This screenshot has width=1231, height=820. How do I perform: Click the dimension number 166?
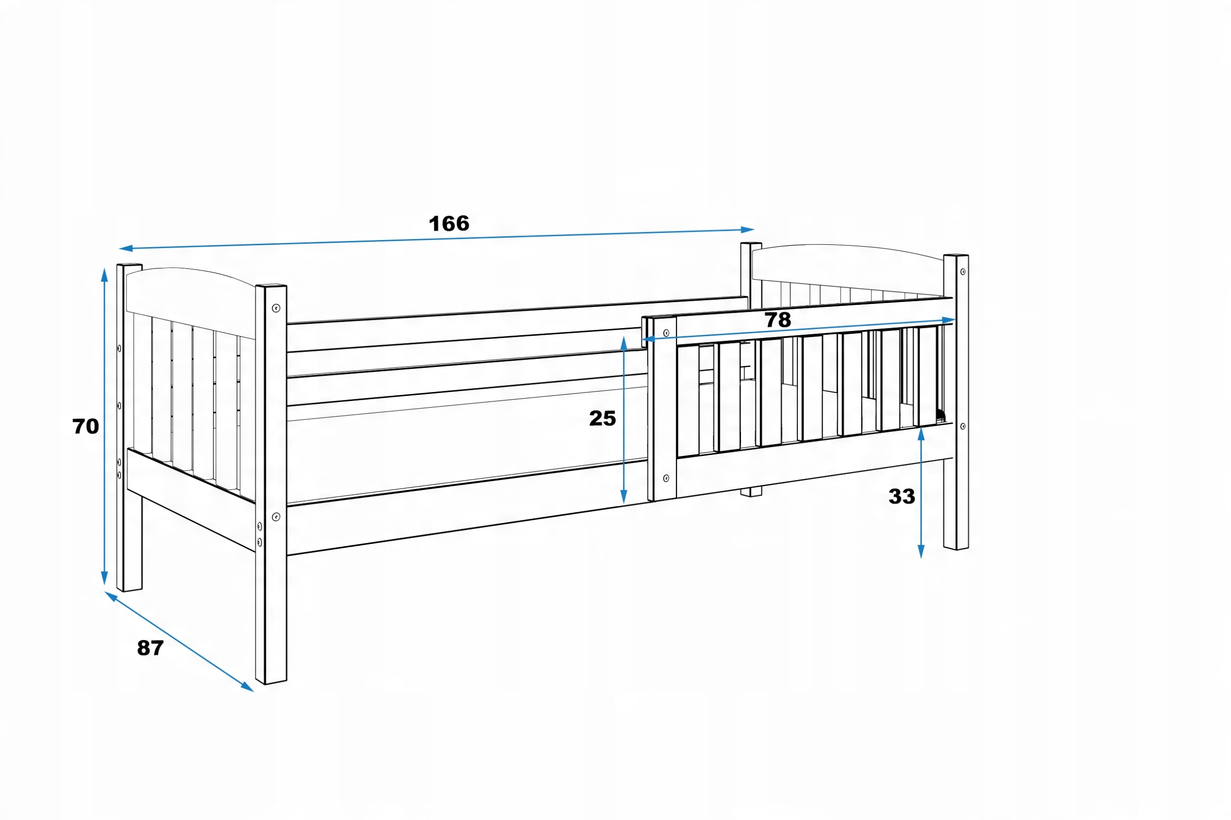click(x=449, y=224)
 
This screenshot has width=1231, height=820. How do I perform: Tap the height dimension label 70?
click(x=85, y=426)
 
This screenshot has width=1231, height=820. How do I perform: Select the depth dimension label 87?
click(x=150, y=648)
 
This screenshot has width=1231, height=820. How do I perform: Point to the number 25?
click(x=602, y=418)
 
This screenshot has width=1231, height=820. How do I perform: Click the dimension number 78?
click(x=778, y=320)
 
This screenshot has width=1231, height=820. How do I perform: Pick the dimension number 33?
click(x=902, y=496)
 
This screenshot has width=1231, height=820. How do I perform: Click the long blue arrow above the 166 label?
click(x=437, y=239)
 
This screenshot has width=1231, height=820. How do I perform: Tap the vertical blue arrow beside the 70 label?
click(x=104, y=426)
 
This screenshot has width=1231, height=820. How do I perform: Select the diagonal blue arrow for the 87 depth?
click(x=179, y=642)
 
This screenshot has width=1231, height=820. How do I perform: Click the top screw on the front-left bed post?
click(x=276, y=308)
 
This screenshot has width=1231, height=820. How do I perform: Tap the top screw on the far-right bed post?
click(x=963, y=272)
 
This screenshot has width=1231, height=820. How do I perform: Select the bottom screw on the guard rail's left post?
click(x=666, y=478)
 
